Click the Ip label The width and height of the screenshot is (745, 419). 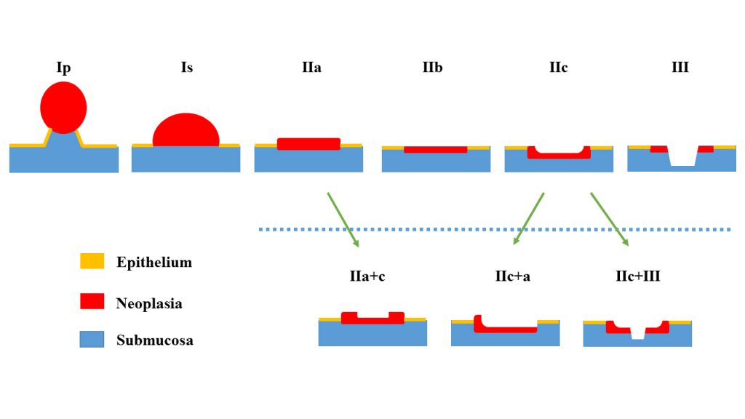(63, 68)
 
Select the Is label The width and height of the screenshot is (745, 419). (187, 68)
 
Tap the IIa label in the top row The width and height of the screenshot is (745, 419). (311, 68)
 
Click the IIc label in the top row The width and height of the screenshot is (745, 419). (558, 68)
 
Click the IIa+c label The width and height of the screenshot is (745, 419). (372, 276)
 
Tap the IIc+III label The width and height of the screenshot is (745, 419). (637, 276)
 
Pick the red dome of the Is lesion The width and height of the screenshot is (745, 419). (186, 131)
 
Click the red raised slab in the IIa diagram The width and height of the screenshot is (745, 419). (308, 144)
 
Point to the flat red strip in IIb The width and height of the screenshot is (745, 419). (435, 149)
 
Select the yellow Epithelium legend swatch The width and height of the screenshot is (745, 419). (92, 261)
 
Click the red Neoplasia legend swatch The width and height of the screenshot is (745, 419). (92, 301)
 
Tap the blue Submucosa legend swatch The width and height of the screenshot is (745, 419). (92, 339)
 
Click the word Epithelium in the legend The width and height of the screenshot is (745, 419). (154, 262)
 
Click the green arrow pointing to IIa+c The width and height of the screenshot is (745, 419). (342, 219)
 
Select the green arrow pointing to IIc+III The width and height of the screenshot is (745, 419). (610, 219)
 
